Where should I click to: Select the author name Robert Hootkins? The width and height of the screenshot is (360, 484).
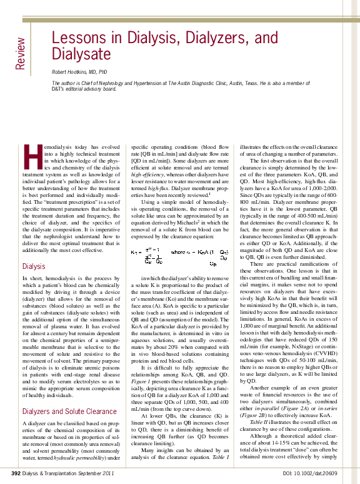click(x=79, y=72)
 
